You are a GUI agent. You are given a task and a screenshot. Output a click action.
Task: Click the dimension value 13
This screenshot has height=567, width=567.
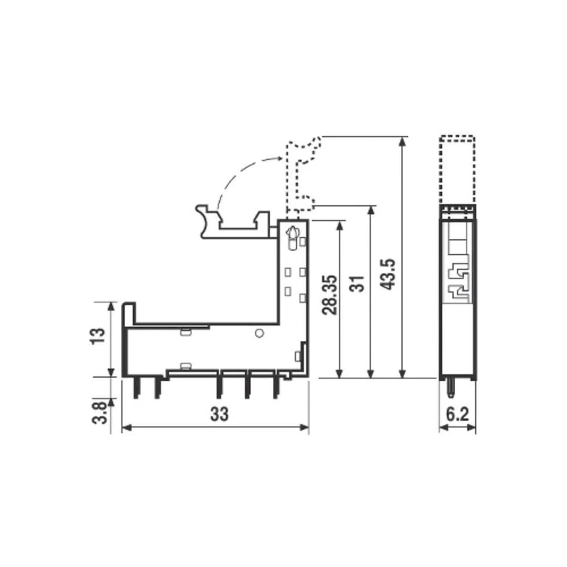pos(99,338)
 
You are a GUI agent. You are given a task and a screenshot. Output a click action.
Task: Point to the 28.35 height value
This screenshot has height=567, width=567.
pos(332,295)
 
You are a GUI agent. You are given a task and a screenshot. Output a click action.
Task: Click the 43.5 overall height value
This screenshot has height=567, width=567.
pos(388,274)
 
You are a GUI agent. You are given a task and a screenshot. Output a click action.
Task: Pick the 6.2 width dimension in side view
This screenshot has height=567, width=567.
pos(457,414)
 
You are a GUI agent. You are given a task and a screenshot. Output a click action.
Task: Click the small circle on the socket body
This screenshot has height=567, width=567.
pos(259,333)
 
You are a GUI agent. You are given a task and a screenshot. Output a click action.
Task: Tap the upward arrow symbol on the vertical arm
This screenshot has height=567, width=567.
pos(293,232)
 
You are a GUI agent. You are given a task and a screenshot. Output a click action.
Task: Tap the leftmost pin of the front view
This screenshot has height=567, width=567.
pos(136,388)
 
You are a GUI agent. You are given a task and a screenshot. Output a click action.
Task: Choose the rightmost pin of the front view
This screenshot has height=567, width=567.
pos(276,388)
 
